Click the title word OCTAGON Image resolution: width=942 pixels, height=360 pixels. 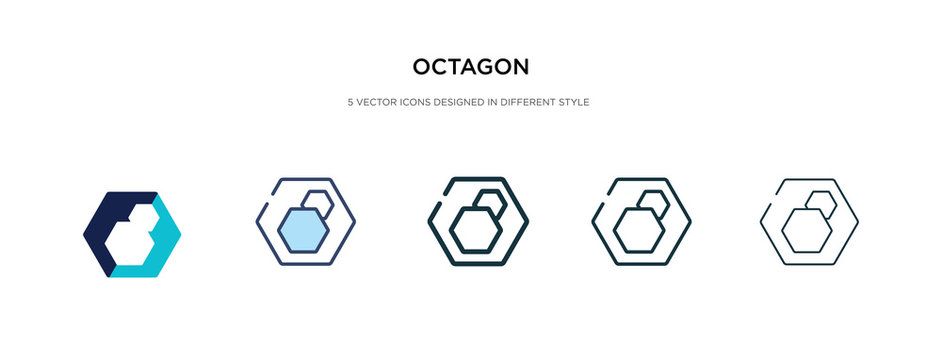click(471, 68)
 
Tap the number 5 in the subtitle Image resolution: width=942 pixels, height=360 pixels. click(349, 102)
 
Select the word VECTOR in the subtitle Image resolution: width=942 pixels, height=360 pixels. click(372, 102)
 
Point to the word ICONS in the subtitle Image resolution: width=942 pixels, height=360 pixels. click(410, 102)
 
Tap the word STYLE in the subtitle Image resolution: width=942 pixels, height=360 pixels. click(577, 102)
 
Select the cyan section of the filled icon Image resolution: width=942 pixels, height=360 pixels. click(160, 250)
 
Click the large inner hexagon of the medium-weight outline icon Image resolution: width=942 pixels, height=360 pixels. click(635, 232)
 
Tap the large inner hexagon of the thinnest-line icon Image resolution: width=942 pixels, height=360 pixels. click(802, 232)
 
